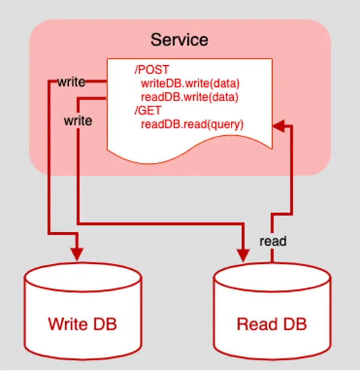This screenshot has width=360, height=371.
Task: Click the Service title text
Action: [179, 40]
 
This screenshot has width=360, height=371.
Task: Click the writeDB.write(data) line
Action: [190, 84]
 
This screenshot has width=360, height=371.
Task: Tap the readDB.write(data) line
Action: [190, 97]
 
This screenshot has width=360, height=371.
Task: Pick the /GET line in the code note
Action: [148, 111]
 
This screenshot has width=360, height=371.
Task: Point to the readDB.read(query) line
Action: [192, 124]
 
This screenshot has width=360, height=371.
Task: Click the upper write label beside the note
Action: [71, 82]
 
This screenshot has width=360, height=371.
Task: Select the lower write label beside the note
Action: [78, 121]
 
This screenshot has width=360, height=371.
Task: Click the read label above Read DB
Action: [273, 241]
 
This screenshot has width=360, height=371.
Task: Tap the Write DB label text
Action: [82, 324]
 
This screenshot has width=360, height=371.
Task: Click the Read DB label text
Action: [271, 324]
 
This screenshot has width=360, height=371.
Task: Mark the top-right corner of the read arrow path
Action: [291, 126]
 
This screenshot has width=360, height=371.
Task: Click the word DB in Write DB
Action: [103, 324]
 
